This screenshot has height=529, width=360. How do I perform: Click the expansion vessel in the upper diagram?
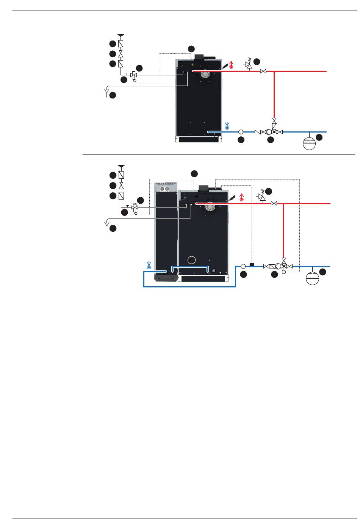point(310,143)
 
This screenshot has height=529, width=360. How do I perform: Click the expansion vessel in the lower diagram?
point(312,278)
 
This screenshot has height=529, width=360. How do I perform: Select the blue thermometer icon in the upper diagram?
point(227,126)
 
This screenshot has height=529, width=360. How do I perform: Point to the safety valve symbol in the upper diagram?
point(249,65)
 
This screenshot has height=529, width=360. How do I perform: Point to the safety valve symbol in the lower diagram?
point(261,196)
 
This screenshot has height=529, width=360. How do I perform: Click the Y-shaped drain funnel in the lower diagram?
point(107,226)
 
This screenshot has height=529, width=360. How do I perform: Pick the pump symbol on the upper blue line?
point(268,132)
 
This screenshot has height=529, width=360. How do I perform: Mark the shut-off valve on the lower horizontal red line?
point(274,203)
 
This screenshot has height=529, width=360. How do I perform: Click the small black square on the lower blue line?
point(252,264)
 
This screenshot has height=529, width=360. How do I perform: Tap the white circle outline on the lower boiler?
point(192,260)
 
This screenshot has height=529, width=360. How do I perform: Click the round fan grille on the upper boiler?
point(205,74)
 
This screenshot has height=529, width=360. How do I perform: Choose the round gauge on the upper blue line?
point(241,132)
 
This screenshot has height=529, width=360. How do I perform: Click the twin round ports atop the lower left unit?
point(165,189)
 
